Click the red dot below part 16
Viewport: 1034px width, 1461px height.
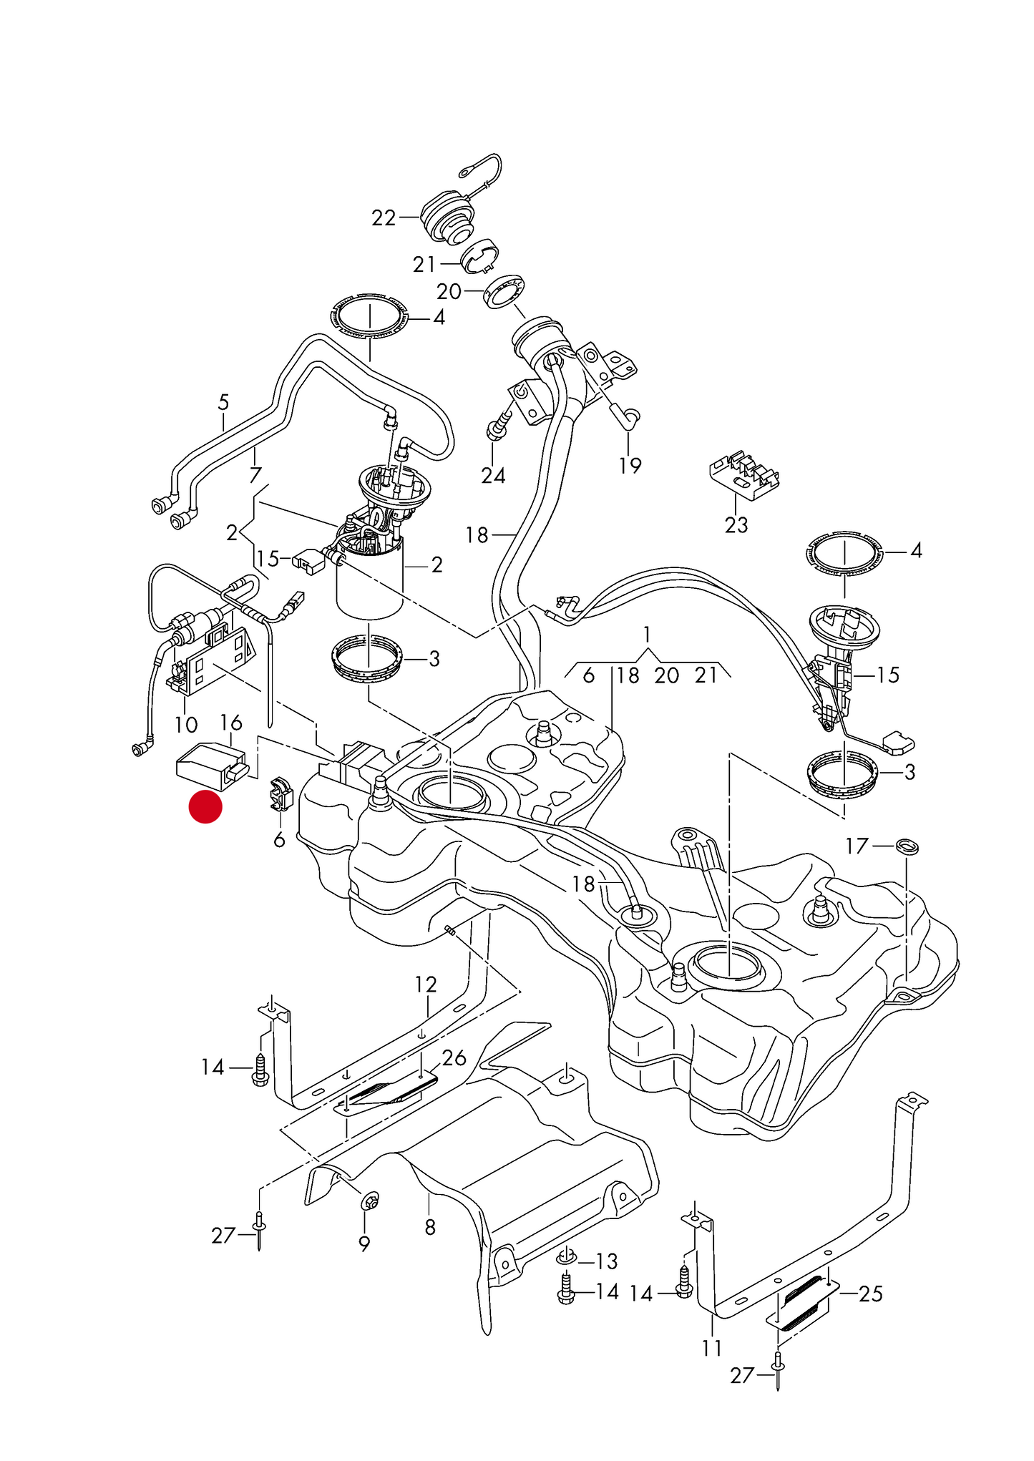205,807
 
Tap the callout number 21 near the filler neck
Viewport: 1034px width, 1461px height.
424,265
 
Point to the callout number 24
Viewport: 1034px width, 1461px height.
493,475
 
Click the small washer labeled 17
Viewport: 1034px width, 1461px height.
908,846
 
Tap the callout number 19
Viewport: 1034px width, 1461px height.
630,466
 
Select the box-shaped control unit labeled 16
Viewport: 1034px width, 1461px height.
212,766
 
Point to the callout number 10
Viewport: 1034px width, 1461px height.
186,725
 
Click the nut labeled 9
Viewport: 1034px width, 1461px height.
371,1201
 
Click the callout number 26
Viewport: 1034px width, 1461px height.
454,1057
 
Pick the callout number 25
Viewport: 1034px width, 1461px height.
870,1294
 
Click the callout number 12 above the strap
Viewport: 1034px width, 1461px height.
425,984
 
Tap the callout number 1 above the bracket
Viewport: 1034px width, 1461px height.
647,634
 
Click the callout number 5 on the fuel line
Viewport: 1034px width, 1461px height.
223,402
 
